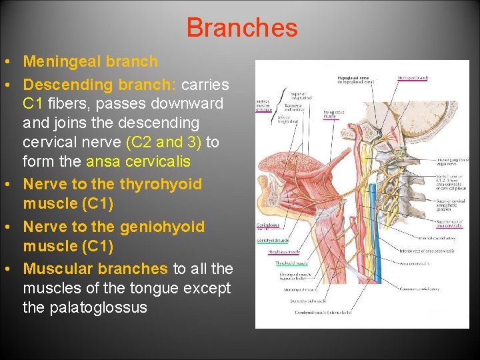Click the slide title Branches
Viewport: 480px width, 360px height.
click(241, 27)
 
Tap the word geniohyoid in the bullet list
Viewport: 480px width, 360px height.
click(162, 227)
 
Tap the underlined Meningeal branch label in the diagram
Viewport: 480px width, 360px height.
click(413, 78)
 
